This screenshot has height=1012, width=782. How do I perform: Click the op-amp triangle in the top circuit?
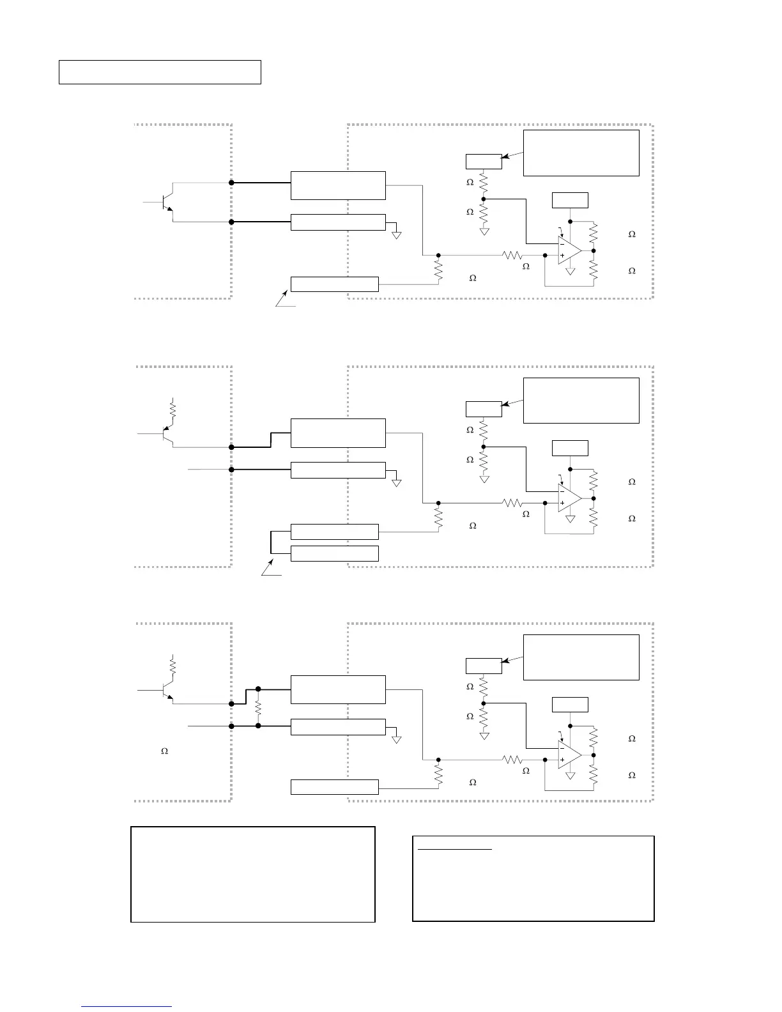click(x=568, y=250)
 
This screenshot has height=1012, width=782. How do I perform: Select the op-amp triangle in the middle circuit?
click(x=568, y=498)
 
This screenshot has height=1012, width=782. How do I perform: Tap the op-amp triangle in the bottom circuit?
click(x=568, y=755)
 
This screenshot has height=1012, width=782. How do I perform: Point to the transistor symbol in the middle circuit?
click(x=167, y=434)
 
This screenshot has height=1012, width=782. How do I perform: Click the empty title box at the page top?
click(x=160, y=72)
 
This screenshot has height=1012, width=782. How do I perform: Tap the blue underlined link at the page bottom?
click(x=126, y=1006)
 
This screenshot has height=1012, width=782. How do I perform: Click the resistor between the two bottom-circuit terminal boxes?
click(x=258, y=708)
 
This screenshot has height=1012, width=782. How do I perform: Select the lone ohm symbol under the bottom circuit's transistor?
click(x=164, y=751)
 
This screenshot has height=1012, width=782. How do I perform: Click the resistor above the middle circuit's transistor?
click(x=172, y=407)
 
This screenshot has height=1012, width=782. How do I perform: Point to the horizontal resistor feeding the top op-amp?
click(x=512, y=255)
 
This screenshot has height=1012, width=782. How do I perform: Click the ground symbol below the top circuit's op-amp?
click(x=571, y=272)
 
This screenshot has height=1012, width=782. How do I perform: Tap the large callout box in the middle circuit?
click(x=581, y=401)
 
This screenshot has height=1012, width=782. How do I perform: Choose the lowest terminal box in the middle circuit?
click(x=334, y=553)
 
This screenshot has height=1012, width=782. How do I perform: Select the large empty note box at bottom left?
click(x=252, y=874)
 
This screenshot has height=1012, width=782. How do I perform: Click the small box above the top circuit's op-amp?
click(x=570, y=200)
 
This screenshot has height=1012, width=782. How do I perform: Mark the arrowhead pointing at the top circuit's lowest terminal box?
click(x=284, y=295)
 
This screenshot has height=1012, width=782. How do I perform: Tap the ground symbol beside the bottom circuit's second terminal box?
click(x=397, y=739)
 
